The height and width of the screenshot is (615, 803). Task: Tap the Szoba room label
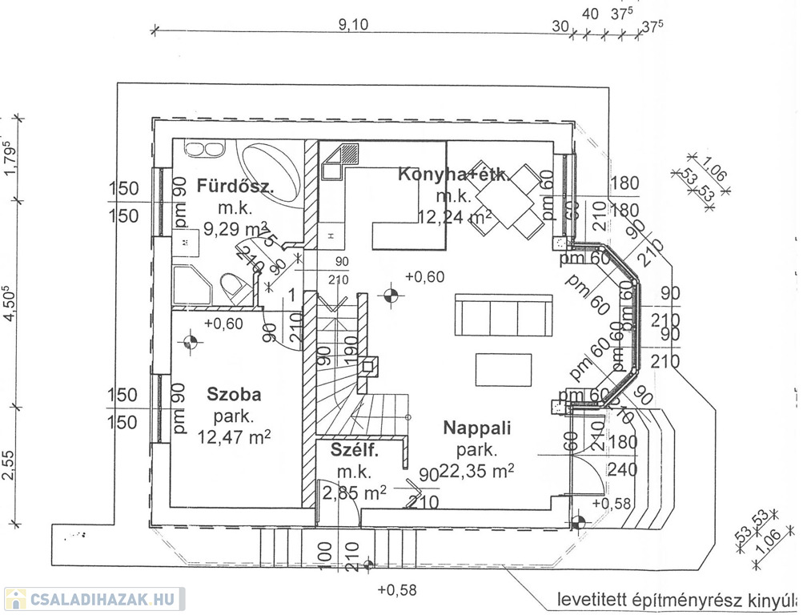tap(234, 394)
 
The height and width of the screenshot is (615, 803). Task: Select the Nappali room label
tap(477, 428)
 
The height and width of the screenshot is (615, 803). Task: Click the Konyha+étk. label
tap(453, 174)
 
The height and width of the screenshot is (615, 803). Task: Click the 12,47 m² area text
tap(233, 437)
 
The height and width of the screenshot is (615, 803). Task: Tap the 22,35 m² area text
tap(477, 470)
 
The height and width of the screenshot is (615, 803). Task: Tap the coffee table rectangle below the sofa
tap(503, 369)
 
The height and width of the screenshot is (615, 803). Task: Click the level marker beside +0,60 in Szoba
tap(191, 342)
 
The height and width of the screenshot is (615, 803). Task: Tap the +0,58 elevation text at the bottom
tap(397, 590)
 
